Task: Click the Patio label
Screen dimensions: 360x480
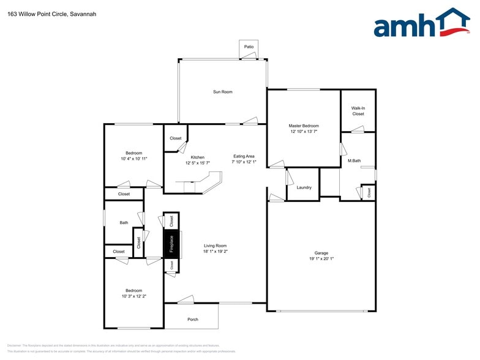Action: click(249, 47)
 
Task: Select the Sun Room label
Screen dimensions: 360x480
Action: click(222, 92)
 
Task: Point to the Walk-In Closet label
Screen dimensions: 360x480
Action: click(358, 111)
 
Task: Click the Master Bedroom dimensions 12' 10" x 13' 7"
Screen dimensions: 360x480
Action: click(304, 131)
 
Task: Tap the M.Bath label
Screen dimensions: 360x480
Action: click(354, 160)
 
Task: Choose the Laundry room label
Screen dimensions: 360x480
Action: click(304, 187)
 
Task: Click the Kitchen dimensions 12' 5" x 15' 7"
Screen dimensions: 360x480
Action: click(198, 163)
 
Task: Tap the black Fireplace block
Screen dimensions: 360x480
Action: click(171, 244)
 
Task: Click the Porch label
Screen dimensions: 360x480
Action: click(193, 319)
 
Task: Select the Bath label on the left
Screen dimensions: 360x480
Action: click(124, 223)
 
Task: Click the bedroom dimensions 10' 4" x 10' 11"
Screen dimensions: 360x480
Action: click(134, 159)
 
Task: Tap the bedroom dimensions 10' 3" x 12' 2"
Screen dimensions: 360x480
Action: click(133, 296)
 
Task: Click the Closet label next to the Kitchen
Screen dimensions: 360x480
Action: click(176, 138)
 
